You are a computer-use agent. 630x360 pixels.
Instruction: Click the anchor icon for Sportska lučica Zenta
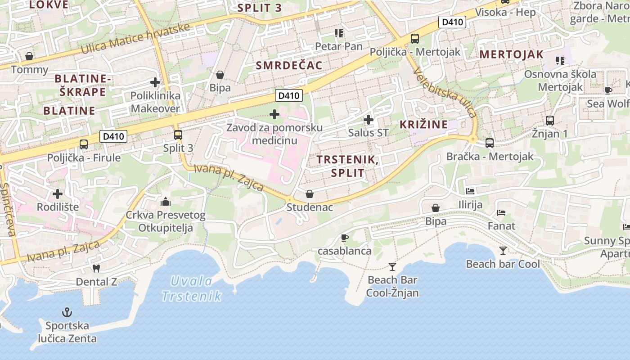coord(67,312)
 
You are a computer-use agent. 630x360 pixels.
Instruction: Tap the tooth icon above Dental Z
coord(95,269)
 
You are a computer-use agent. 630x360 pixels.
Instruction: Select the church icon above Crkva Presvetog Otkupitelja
coord(165,201)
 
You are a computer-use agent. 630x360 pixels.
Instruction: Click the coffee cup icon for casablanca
coord(345,237)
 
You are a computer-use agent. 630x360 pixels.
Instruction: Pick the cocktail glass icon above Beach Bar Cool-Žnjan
coord(392,266)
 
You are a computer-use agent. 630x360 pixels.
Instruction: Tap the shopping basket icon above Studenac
coord(310,194)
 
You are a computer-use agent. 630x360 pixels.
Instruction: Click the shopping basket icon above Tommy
coord(29,56)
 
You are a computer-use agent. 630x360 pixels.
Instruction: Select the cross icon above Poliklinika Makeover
coord(155,82)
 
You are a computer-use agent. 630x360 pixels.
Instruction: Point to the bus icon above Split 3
coord(178,135)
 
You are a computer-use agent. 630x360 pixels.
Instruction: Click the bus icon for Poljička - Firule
coord(84,144)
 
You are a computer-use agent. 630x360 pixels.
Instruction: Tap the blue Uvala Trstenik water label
coord(192,288)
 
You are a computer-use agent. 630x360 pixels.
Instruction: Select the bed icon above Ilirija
coord(470,191)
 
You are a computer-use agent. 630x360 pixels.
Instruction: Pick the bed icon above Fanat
coord(501,212)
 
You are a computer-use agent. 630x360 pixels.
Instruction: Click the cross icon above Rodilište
coord(58,194)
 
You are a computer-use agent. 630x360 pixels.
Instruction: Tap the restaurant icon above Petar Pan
coord(339,33)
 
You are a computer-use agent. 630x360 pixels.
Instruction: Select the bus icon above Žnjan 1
coord(550,121)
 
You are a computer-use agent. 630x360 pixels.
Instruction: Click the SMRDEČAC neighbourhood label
coord(289,65)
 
